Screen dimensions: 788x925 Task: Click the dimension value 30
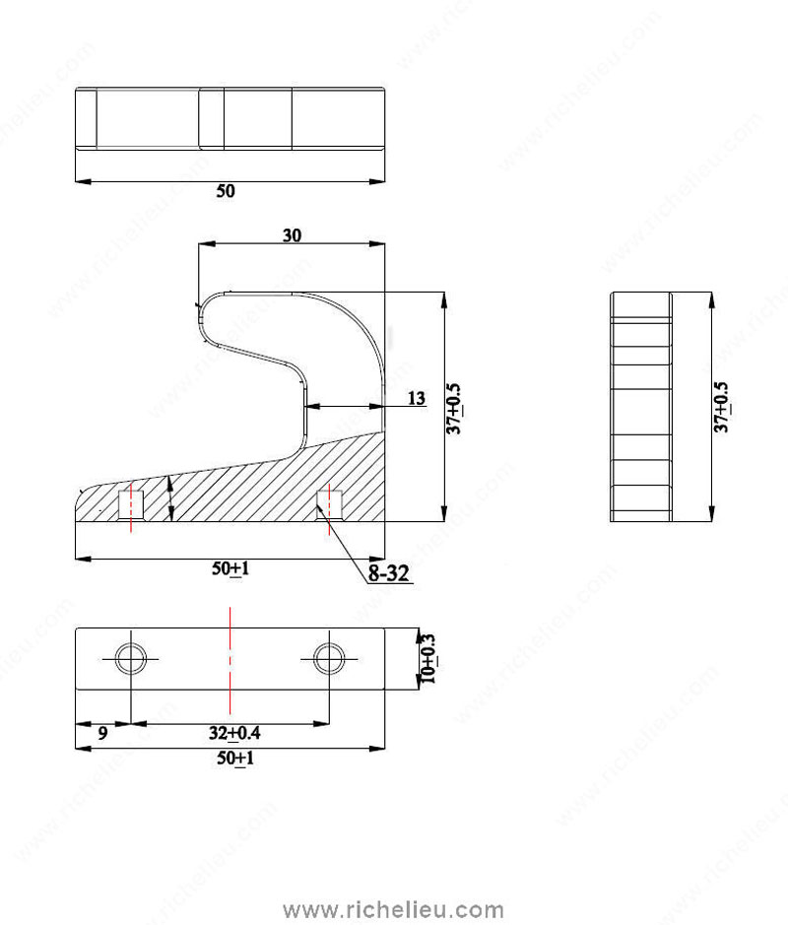tap(292, 235)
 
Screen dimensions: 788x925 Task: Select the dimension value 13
tap(417, 398)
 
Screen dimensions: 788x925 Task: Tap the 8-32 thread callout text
tap(388, 572)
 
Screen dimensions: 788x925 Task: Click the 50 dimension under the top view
tap(226, 191)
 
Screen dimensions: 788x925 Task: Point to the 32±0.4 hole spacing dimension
tap(234, 733)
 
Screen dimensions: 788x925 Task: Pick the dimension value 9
tap(102, 733)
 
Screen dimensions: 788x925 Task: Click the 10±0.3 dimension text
tap(428, 658)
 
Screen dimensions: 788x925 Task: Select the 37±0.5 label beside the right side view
tap(721, 407)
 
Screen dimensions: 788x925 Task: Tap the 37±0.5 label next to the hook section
tap(453, 409)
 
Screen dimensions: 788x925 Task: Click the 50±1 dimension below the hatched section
tap(230, 568)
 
